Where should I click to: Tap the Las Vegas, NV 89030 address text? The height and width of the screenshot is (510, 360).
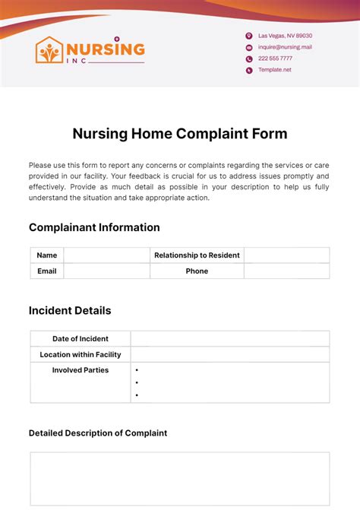point(285,36)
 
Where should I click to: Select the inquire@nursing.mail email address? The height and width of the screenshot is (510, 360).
point(285,47)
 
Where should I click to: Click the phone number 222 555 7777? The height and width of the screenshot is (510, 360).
point(275,59)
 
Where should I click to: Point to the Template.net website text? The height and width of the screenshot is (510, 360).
point(274,70)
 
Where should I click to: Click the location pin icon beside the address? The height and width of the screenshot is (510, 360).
point(248,36)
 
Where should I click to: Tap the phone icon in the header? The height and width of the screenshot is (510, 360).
point(248,59)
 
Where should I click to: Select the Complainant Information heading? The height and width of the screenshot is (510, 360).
point(94,227)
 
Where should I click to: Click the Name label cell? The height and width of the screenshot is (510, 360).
point(47,255)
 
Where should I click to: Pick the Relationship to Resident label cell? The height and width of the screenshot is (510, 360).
point(197,255)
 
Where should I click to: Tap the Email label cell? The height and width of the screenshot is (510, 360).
point(47,271)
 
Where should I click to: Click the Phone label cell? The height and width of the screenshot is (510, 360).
point(197,271)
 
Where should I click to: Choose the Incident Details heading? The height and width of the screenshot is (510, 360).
point(70,310)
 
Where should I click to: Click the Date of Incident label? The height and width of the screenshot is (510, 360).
point(81,339)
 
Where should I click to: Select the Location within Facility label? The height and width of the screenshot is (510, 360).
point(81,354)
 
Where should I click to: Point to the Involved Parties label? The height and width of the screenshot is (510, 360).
point(81,370)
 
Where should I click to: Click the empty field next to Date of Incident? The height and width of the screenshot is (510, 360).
point(230,339)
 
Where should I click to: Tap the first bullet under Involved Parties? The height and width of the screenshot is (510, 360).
point(136,370)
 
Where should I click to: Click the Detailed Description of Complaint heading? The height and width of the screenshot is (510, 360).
point(98,432)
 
